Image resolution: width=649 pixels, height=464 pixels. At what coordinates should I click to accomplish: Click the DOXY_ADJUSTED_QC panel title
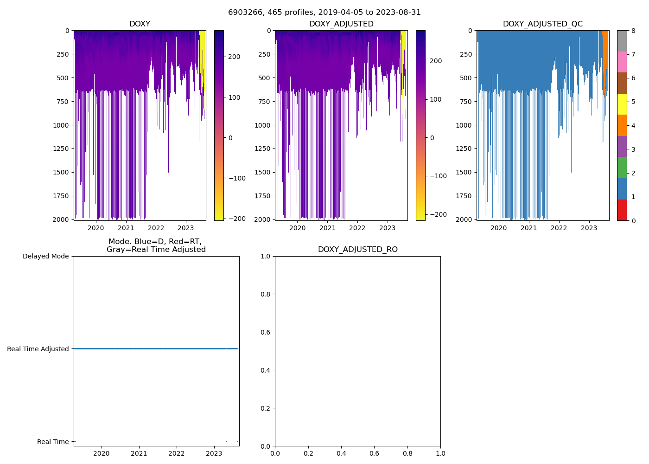tap(542, 24)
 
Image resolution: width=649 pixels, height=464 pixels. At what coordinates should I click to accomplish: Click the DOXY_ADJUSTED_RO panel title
tap(357, 250)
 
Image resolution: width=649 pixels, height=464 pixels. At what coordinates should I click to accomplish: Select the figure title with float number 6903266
tap(324, 13)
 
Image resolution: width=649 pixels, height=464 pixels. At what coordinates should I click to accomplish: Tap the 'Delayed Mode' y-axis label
tap(45, 256)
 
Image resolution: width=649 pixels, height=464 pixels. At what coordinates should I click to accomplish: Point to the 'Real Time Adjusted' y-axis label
tap(38, 349)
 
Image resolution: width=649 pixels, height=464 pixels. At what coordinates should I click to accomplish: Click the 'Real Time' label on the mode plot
tap(53, 442)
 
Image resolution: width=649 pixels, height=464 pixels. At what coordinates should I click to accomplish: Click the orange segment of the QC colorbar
tap(622, 125)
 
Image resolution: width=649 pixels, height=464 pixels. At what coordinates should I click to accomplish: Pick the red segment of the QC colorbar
tap(622, 210)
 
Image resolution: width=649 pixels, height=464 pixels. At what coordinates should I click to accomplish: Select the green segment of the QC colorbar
tap(622, 168)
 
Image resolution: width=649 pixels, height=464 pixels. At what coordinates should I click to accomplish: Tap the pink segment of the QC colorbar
tap(622, 62)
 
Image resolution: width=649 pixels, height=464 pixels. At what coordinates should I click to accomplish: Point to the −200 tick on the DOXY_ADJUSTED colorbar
tap(437, 214)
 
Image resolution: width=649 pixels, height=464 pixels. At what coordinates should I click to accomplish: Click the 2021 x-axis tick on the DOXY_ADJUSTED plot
tap(327, 228)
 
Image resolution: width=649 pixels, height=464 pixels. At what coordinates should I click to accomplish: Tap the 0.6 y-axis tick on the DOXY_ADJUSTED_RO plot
tap(265, 332)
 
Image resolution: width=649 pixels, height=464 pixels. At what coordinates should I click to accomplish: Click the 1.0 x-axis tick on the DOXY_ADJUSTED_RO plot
tap(440, 453)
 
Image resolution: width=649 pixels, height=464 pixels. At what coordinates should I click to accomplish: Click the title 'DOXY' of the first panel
tap(140, 24)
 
